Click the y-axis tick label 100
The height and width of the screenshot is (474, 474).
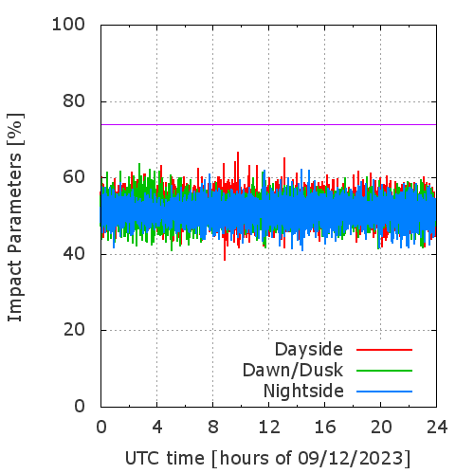point(68,25)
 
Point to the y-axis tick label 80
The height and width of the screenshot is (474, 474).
point(74,101)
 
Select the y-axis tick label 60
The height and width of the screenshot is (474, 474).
point(74,177)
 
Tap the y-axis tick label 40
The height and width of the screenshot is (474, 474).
point(74,254)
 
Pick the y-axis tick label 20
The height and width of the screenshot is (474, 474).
point(74,330)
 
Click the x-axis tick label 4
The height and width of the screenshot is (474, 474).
point(157,427)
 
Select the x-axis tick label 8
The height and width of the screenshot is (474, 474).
point(213,427)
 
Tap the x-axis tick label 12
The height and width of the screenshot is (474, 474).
point(269,427)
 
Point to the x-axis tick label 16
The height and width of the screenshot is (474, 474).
point(325,427)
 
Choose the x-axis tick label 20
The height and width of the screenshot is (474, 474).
point(381,427)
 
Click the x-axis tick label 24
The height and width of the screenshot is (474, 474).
point(437,427)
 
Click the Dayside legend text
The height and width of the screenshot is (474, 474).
point(309,350)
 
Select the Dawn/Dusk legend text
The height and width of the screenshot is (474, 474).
point(293,371)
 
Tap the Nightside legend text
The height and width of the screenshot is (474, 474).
point(303,392)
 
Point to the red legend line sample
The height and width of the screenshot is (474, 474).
point(384,350)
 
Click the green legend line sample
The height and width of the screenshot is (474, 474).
point(384,371)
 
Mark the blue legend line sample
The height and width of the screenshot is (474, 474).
point(384,392)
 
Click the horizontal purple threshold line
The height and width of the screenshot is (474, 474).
point(268,124)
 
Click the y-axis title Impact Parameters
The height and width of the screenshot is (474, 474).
point(15,238)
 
